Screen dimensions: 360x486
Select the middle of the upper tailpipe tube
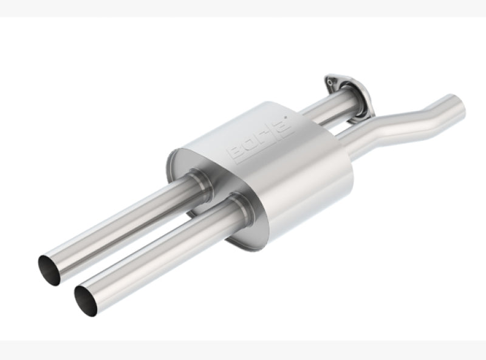point(122,225)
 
